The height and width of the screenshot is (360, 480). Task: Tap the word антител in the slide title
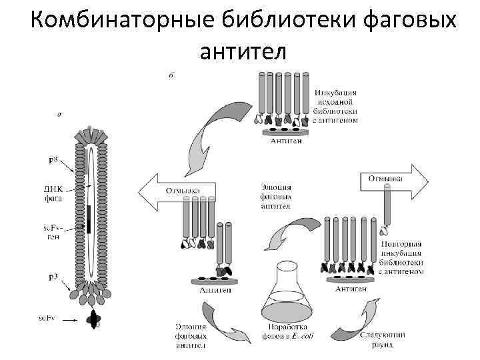point(242,49)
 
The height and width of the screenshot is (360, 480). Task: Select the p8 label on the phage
point(51,160)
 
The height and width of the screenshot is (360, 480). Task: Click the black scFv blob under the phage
point(94,320)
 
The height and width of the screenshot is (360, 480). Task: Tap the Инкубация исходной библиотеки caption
point(335,107)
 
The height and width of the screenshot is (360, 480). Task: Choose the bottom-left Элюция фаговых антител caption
point(191,337)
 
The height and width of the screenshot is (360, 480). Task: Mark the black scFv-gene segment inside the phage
point(88,220)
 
